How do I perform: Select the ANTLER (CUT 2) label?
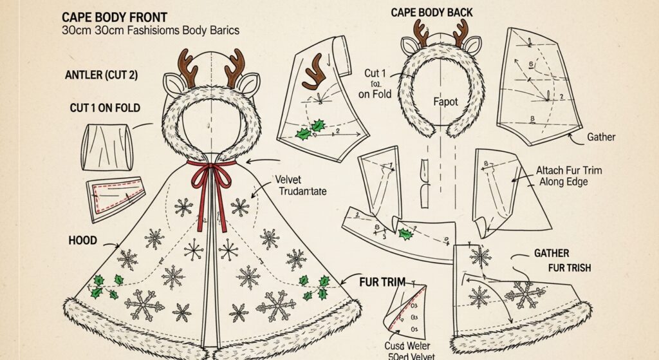(101, 75)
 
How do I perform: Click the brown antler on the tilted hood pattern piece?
(315, 71)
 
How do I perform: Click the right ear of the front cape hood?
(248, 82)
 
